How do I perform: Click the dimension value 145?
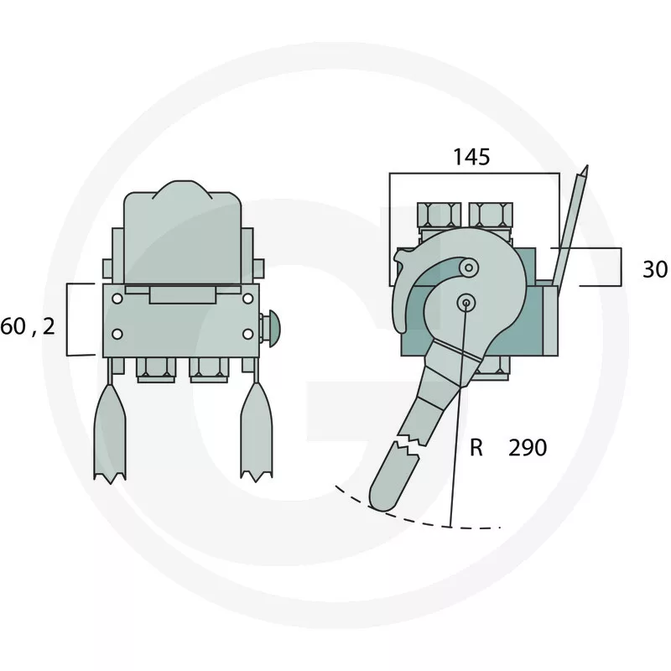click(471, 157)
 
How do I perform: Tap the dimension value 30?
click(655, 269)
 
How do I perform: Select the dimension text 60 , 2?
click(29, 327)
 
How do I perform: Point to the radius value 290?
click(528, 448)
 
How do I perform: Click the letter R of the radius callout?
click(476, 448)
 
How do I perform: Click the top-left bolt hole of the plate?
click(117, 299)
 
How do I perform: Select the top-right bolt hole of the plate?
click(247, 299)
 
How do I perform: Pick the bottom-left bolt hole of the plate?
click(117, 334)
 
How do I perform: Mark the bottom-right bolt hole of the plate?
click(247, 334)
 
